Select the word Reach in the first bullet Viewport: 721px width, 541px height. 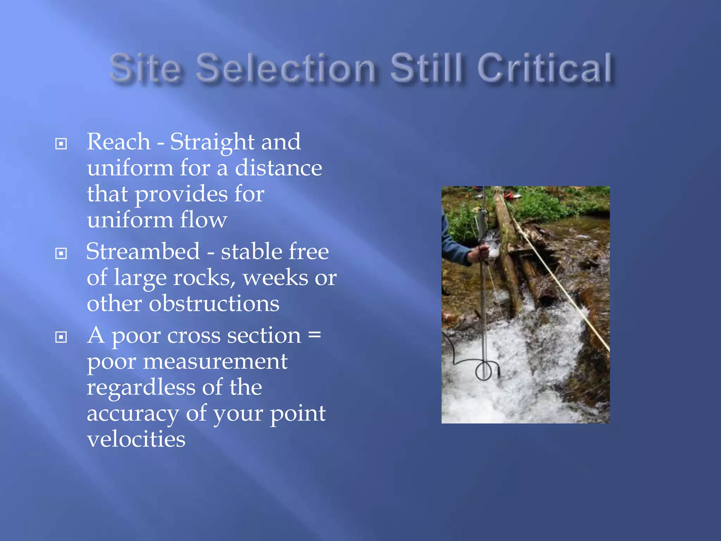point(119,142)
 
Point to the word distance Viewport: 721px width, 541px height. point(278,168)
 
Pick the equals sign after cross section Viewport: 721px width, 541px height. point(314,334)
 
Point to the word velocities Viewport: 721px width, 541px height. point(136,439)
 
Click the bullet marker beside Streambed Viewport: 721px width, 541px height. point(61,253)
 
